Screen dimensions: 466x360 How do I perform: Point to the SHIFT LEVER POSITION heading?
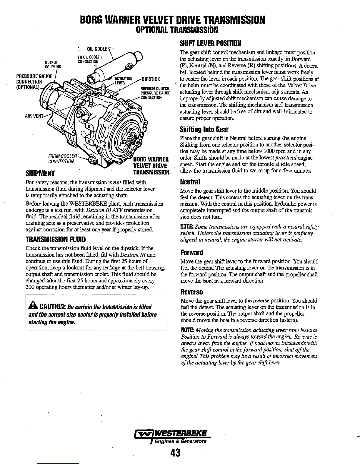pyautogui.click(x=210, y=43)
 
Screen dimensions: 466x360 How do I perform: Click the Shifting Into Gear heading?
pyautogui.click(x=204, y=129)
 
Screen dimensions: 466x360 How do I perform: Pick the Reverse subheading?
pyautogui.click(x=191, y=292)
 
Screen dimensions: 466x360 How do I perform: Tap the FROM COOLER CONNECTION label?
pyautogui.click(x=62, y=159)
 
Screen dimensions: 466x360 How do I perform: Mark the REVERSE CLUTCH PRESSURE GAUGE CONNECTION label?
pyautogui.click(x=151, y=93)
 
